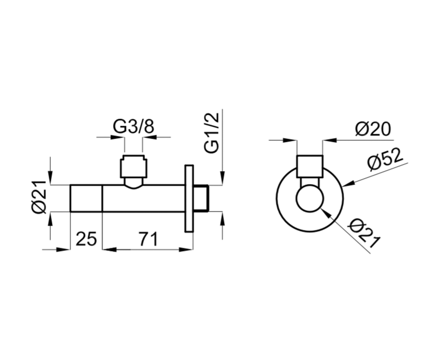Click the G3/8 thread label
(x=134, y=127)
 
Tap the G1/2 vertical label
(x=211, y=133)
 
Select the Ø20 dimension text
(x=373, y=129)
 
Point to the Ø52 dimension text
(x=385, y=159)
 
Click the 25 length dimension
(x=86, y=239)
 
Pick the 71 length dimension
(x=148, y=239)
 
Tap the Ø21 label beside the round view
(x=364, y=233)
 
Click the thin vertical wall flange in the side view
(x=189, y=199)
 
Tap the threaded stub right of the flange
(x=201, y=199)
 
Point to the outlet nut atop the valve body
(x=134, y=166)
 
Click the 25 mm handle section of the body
(x=86, y=198)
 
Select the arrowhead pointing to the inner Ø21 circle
(x=325, y=213)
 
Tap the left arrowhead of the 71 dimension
(x=109, y=249)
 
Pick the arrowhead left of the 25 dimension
(x=63, y=249)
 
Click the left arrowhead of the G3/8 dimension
(x=117, y=137)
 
